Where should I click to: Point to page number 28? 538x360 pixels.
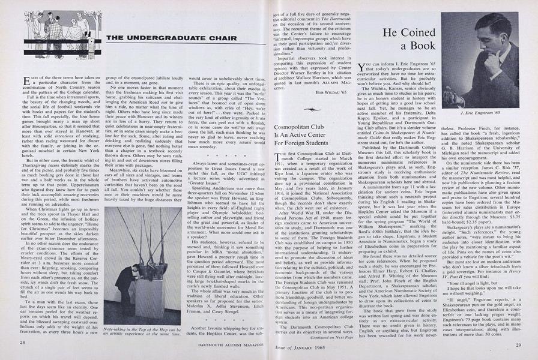tap(21, 343)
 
